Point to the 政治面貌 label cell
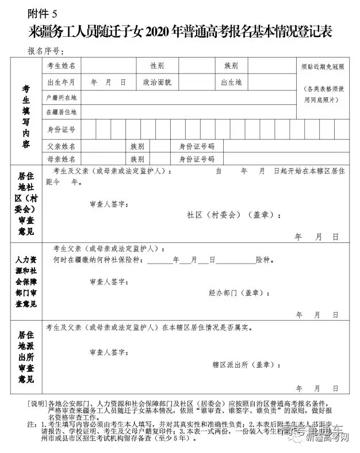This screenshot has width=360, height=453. pyautogui.click(x=157, y=82)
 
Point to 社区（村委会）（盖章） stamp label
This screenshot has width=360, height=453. pyautogui.click(x=233, y=215)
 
